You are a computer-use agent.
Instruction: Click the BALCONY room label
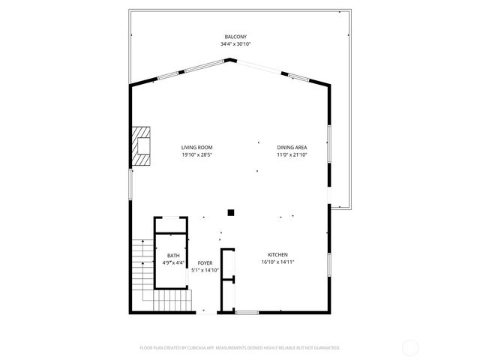click(x=235, y=37)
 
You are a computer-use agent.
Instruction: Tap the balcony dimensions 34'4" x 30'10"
click(x=235, y=44)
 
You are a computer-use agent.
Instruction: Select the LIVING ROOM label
click(x=197, y=147)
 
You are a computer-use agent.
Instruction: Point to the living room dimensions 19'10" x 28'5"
click(x=197, y=154)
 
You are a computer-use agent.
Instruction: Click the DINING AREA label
click(x=292, y=147)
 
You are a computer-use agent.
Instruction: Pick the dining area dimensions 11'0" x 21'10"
click(x=292, y=154)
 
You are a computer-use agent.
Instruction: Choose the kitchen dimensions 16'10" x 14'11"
click(x=277, y=262)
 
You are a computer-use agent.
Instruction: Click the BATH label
click(x=173, y=256)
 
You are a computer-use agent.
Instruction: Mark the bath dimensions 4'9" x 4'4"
click(x=173, y=263)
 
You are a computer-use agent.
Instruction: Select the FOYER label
click(x=205, y=262)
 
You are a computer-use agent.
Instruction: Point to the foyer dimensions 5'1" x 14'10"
click(x=205, y=270)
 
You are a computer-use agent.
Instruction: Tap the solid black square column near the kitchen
click(x=232, y=212)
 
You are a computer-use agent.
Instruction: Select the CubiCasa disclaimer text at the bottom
click(x=240, y=348)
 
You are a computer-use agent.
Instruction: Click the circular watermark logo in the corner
click(x=410, y=347)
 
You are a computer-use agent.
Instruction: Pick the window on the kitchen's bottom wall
click(x=247, y=312)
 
